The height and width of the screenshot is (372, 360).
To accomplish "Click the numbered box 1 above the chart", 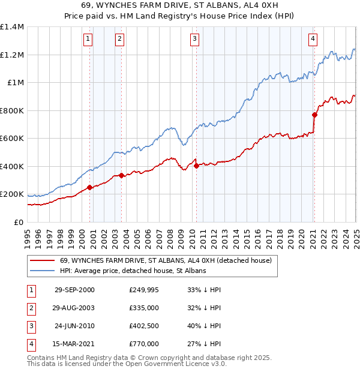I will (88, 40).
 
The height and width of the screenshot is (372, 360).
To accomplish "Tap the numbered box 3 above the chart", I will (195, 40).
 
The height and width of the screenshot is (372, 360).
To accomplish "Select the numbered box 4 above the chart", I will (313, 40).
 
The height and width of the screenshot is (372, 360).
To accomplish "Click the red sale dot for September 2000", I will (90, 187).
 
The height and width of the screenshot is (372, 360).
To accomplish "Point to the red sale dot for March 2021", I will (314, 115).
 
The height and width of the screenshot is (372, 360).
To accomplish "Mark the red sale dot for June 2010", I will (196, 166).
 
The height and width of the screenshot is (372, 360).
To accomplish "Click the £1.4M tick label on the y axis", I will (12, 27).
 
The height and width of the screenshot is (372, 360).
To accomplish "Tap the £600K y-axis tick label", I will (12, 139).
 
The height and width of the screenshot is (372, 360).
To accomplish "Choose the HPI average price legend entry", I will (133, 271).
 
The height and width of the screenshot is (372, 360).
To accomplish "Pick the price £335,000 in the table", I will (143, 308).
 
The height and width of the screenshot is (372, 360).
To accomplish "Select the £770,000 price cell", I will (143, 344).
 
